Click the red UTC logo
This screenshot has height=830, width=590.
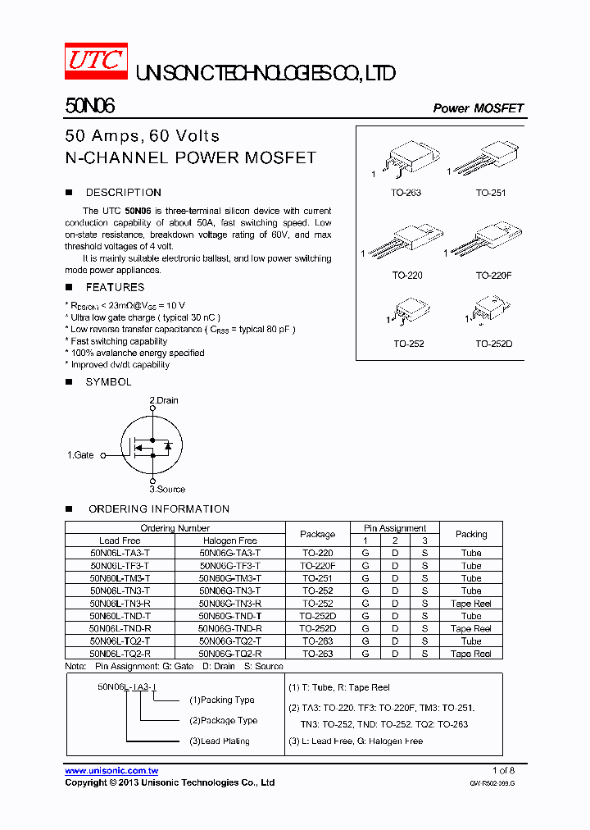click(96, 61)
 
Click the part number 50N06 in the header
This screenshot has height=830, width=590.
click(89, 107)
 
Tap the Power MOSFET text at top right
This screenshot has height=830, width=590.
click(478, 108)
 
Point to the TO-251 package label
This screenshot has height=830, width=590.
click(491, 193)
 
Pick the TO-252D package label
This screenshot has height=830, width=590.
click(493, 343)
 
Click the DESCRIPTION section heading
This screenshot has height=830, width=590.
click(123, 193)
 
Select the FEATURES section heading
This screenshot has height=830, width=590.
click(115, 287)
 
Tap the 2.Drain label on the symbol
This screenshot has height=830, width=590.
click(163, 400)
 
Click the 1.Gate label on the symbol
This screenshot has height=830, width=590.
click(80, 454)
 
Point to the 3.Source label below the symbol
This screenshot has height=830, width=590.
click(167, 489)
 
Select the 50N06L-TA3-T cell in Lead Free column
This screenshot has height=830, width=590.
click(120, 554)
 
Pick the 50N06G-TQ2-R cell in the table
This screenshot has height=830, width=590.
click(230, 654)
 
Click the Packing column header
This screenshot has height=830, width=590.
click(470, 534)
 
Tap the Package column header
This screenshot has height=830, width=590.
click(317, 534)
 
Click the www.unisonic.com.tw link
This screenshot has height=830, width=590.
click(111, 771)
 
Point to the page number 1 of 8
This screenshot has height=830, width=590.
click(503, 770)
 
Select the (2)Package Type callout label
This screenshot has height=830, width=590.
click(223, 721)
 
